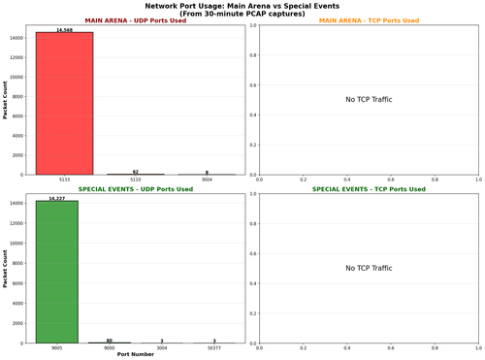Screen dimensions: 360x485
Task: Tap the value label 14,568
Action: tap(64, 29)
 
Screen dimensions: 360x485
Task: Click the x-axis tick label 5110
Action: tap(136, 180)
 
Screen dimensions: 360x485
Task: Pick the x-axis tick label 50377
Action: tap(213, 347)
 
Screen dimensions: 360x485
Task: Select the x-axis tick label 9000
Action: tap(109, 347)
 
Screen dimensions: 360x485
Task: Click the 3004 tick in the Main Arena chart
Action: tap(207, 180)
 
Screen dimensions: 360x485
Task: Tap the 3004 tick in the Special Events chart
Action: tap(161, 347)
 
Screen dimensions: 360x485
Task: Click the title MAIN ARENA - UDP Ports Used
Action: tap(136, 20)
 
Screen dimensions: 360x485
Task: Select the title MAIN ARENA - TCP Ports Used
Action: tap(369, 20)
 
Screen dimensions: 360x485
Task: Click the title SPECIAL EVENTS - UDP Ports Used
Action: tap(136, 189)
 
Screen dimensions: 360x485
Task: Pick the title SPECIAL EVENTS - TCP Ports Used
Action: tap(369, 189)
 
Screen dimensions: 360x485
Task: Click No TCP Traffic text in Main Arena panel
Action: tap(369, 100)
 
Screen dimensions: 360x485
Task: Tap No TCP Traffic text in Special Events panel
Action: tap(369, 268)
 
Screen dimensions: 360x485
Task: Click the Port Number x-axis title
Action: tap(136, 354)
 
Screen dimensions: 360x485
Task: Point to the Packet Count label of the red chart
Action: tap(6, 100)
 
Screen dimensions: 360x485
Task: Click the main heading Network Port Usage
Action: tap(242, 6)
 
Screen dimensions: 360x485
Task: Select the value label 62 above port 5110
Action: tap(136, 171)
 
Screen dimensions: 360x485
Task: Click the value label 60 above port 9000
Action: tap(109, 341)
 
